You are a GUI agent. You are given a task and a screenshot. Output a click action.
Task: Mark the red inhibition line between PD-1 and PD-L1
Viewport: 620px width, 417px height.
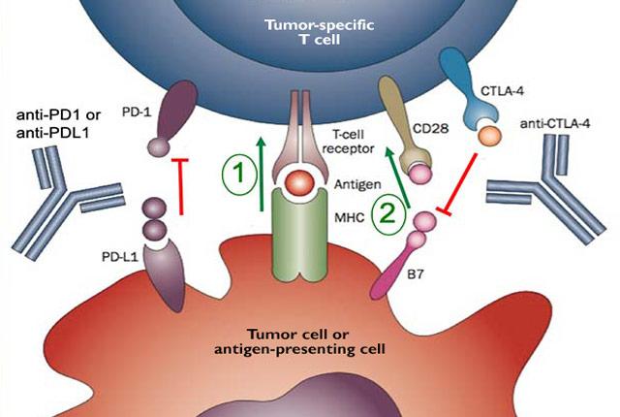click(179, 186)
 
